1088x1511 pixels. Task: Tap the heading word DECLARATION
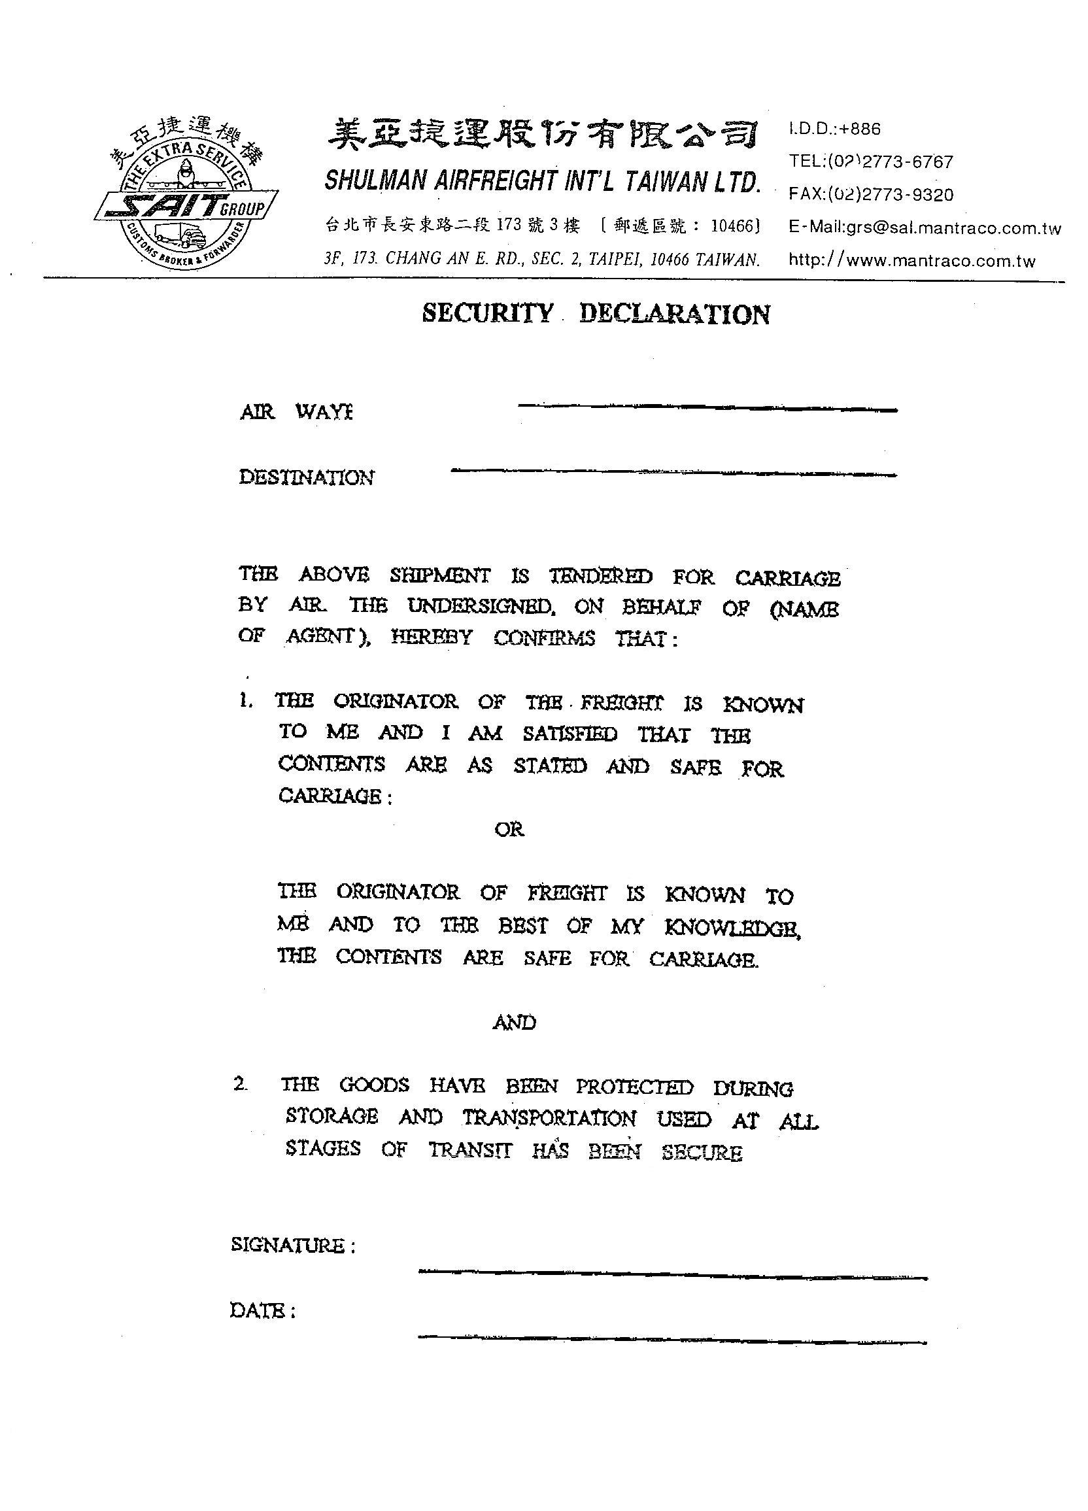pos(674,314)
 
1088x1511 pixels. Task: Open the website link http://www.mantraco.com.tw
pos(911,260)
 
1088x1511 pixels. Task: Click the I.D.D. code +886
pos(859,129)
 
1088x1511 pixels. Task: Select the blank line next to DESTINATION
pos(673,472)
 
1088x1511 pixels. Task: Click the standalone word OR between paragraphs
pos(509,830)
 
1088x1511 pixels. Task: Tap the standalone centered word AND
pos(514,1023)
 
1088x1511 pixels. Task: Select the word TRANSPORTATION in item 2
pos(549,1118)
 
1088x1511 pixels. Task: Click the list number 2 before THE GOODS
pos(241,1084)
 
